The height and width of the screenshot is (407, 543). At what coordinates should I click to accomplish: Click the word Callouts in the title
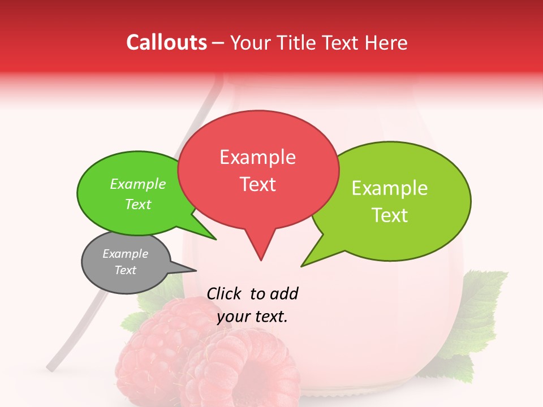click(166, 42)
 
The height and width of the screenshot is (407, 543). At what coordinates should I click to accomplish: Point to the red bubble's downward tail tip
click(261, 259)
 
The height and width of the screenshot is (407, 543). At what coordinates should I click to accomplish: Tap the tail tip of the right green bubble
click(303, 265)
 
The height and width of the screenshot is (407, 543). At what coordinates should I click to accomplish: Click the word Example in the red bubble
click(258, 157)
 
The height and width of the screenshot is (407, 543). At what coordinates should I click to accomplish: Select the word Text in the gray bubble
click(126, 270)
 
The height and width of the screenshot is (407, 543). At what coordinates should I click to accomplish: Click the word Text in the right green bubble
click(390, 215)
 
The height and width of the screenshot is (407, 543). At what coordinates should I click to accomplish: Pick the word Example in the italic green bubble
click(138, 184)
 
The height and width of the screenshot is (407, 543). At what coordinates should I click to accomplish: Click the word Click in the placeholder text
click(225, 293)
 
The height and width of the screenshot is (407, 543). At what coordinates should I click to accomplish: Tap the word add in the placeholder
click(284, 293)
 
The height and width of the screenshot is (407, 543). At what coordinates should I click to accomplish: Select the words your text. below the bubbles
click(252, 317)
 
